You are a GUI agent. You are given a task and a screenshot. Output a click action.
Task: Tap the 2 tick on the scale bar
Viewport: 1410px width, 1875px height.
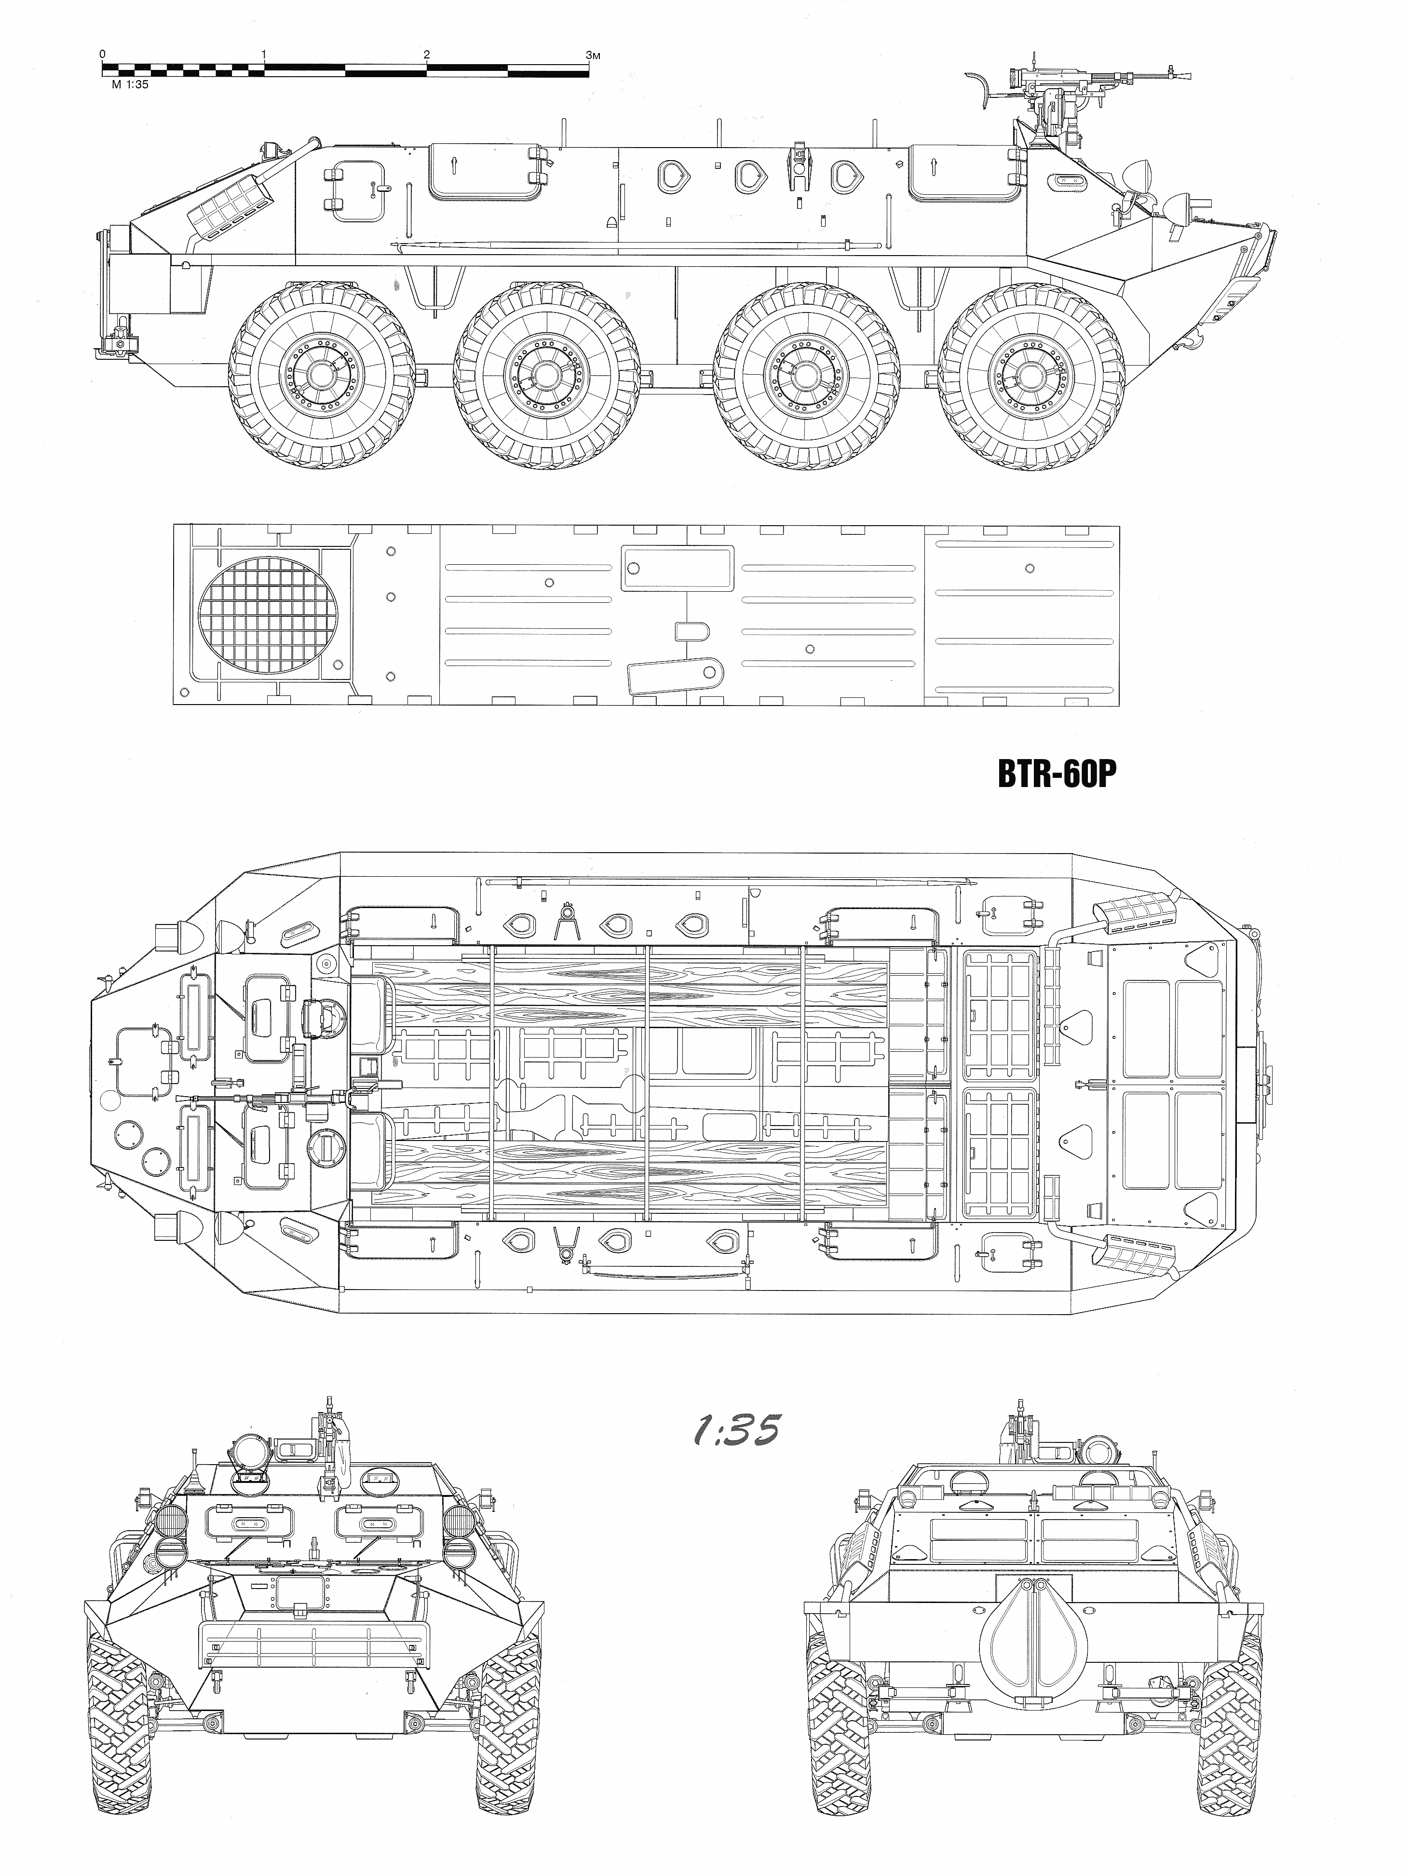tap(426, 54)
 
